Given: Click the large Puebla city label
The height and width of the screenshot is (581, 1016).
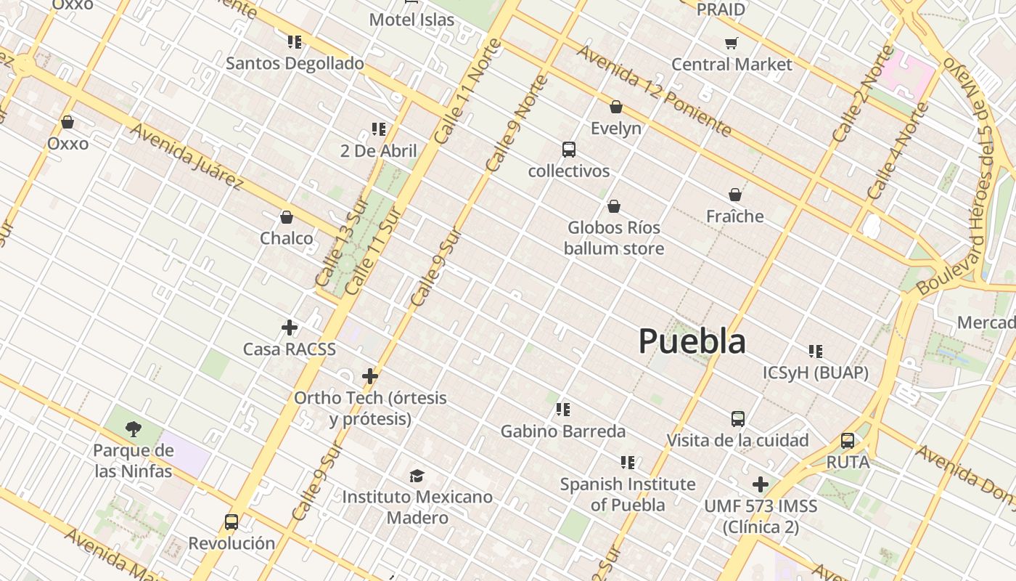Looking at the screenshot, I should (x=692, y=341).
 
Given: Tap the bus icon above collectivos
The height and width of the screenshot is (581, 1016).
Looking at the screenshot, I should (x=569, y=150).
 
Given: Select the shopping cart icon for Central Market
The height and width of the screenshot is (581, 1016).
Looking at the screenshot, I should (x=731, y=43).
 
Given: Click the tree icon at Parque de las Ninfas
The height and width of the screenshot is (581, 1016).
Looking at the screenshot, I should (x=133, y=428).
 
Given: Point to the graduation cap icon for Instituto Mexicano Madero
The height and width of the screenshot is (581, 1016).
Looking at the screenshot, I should (x=417, y=476).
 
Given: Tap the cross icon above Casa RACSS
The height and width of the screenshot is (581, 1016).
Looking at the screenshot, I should (x=290, y=328).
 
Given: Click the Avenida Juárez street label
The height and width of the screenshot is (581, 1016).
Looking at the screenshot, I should (x=187, y=155).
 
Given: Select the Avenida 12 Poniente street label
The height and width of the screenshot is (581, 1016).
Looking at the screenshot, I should (x=654, y=90).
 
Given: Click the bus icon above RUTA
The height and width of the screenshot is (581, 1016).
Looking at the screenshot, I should (x=847, y=440).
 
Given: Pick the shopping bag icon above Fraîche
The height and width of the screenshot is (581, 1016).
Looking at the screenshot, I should (x=735, y=195).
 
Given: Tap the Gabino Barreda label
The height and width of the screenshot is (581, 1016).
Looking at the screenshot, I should (x=563, y=431).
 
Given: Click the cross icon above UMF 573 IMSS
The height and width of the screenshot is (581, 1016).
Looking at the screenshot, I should (x=761, y=484).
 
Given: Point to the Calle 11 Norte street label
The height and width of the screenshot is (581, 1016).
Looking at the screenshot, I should (x=468, y=91).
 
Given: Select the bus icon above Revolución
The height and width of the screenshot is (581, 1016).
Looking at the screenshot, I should (x=232, y=521).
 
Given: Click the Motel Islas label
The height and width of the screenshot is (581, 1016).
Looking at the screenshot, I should (x=411, y=20).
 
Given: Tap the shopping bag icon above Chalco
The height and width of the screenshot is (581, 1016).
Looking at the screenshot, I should (x=287, y=217).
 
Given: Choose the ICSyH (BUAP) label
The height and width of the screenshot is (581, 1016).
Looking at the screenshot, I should (x=816, y=373).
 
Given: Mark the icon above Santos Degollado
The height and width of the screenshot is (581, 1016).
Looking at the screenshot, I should (x=294, y=41).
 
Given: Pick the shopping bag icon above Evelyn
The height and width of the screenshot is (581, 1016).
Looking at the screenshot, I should (x=616, y=107).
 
